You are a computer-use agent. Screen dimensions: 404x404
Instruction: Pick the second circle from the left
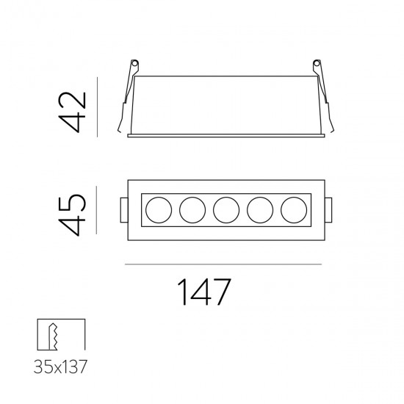(190, 211)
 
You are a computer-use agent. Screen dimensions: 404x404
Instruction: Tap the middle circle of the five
(225, 211)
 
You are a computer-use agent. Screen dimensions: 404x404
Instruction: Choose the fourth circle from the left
(259, 211)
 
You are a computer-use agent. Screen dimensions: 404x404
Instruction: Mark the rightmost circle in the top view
(294, 211)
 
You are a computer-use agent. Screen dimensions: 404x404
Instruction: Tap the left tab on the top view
(121, 211)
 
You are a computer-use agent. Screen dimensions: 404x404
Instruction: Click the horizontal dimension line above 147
(224, 263)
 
